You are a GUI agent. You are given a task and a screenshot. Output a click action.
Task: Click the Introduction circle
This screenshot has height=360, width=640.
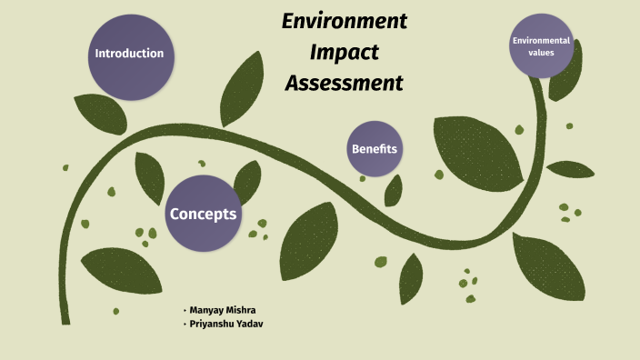pos(129,54)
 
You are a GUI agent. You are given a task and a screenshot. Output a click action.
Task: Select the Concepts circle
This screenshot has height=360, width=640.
pos(203,215)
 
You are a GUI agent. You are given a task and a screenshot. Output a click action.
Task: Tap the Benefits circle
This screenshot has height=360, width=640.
pos(375,149)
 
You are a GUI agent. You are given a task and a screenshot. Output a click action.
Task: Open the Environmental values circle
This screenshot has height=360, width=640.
pos(541,45)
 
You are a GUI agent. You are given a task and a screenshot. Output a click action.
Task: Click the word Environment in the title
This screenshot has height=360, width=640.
pos(344,21)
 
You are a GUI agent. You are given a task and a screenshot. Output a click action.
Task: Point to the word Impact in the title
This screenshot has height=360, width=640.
pos(344,52)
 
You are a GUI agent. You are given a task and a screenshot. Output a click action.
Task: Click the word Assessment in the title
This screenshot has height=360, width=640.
pos(344,84)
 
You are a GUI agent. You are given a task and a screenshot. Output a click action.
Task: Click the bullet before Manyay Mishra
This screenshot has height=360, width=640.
pos(185,310)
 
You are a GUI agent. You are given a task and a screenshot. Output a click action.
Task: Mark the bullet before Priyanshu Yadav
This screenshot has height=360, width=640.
pos(185,324)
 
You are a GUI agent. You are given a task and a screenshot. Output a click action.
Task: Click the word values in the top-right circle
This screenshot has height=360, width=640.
pos(541,52)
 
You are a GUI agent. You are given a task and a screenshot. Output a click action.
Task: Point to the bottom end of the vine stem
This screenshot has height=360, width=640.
pos(66,318)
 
